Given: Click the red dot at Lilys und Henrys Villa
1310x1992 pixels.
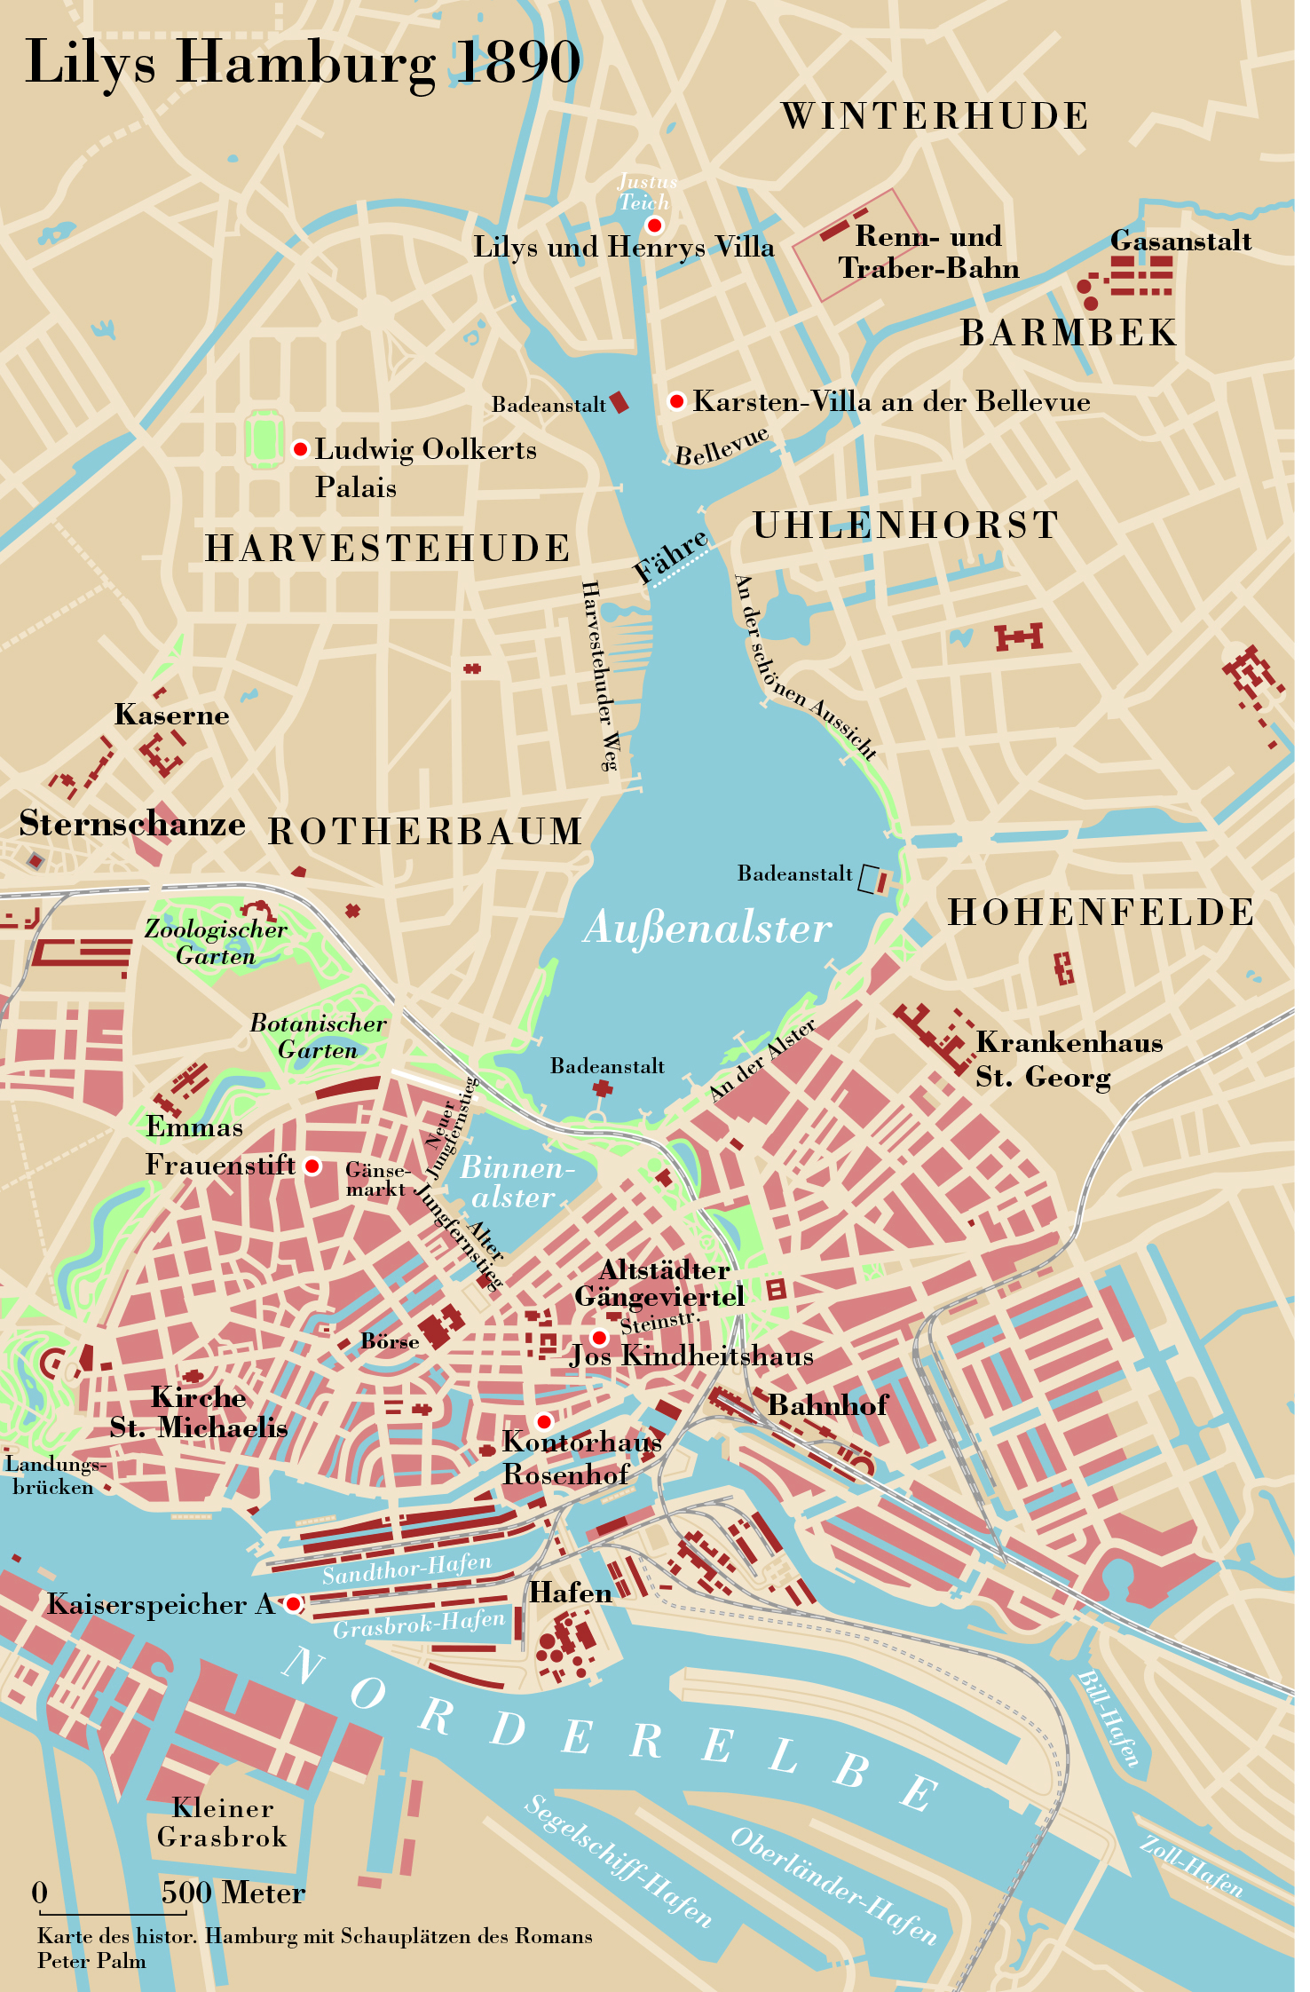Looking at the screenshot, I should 655,225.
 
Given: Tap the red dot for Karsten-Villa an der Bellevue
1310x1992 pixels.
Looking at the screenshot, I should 677,401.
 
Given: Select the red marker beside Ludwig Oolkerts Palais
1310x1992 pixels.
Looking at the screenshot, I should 301,449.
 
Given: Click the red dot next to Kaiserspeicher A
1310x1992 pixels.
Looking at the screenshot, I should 293,1603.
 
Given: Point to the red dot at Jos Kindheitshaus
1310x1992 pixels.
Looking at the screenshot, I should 600,1337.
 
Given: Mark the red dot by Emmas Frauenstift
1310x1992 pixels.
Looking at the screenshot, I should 312,1166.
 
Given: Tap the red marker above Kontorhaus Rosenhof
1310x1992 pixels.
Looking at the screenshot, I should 544,1421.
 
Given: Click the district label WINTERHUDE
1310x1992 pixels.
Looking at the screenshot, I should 935,116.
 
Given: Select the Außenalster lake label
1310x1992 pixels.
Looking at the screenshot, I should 707,929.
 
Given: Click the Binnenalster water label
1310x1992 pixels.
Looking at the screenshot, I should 515,1182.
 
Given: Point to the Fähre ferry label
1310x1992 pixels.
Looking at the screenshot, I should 670,556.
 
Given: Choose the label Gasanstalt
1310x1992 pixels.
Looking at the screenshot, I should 1180,241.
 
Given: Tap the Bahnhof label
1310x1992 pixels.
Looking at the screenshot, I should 827,1404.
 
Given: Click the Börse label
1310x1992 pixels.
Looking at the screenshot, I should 390,1340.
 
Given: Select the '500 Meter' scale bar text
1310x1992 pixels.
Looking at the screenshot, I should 233,1893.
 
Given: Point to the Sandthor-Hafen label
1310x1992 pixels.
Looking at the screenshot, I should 406,1569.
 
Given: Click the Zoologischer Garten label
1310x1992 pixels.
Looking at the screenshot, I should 216,942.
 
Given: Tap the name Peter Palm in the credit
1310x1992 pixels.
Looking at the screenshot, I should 91,1960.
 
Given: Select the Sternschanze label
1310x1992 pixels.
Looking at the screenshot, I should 132,824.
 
